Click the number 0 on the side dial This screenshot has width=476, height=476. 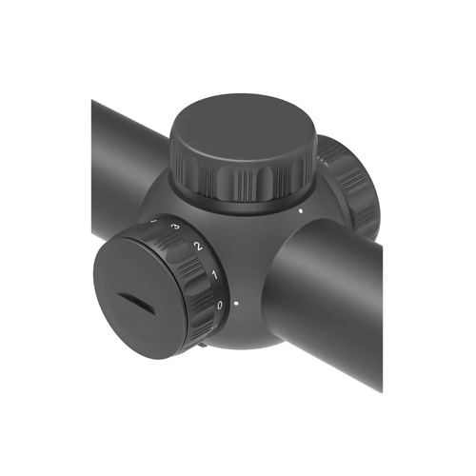[x=220, y=305]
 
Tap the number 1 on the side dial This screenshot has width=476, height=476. [x=213, y=276]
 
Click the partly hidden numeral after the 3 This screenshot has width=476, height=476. [x=154, y=221]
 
